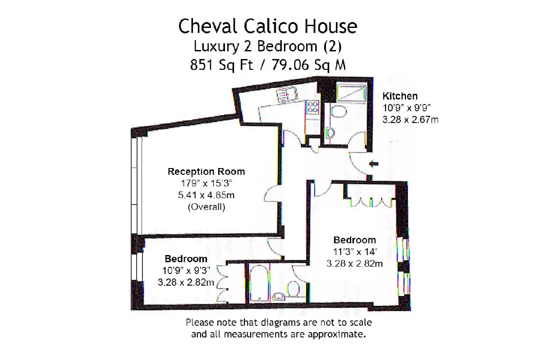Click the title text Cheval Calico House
268,26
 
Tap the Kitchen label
400,96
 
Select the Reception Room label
206,171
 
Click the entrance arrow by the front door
374,164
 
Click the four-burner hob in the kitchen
312,107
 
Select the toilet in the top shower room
339,111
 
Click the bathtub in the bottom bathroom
259,283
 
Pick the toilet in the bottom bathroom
293,289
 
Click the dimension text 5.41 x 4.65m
206,195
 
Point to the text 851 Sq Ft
221,65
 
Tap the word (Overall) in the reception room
206,207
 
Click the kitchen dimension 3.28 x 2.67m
410,119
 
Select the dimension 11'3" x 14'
355,252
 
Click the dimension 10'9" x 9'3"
186,270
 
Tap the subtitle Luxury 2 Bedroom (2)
268,46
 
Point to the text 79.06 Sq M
309,65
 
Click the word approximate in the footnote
336,334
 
